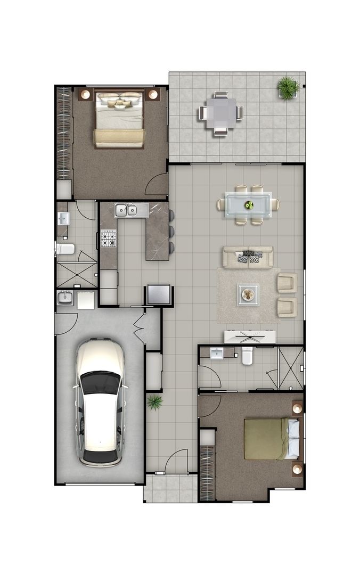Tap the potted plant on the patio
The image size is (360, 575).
coord(288,87)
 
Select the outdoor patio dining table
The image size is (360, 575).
coord(220,113)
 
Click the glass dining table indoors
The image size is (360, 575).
coord(249,204)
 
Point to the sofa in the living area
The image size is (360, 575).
coord(248,257)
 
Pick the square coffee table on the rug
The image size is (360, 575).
coord(248,294)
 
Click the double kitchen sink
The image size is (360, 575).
coord(125,210)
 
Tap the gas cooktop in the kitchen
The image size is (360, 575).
coord(109,239)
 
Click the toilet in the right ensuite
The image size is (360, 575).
coord(247,355)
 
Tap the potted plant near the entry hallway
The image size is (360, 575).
coord(155,402)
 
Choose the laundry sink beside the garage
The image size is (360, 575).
coord(66,298)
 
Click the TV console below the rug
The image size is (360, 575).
coord(250,336)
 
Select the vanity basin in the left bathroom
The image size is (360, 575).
coord(63,218)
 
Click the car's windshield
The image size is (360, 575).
coord(100,382)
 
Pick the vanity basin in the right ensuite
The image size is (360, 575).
coord(217,353)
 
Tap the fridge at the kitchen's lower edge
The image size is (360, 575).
coord(159,294)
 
